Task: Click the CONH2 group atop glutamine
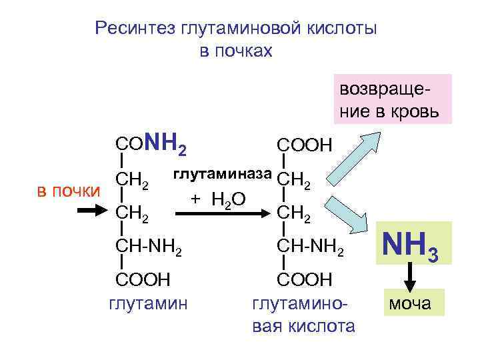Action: click(150, 143)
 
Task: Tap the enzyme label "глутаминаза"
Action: click(223, 175)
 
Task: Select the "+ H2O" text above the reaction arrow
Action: click(218, 198)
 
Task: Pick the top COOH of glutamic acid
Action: click(303, 145)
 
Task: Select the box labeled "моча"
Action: click(409, 305)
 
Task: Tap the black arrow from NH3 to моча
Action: click(409, 275)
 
